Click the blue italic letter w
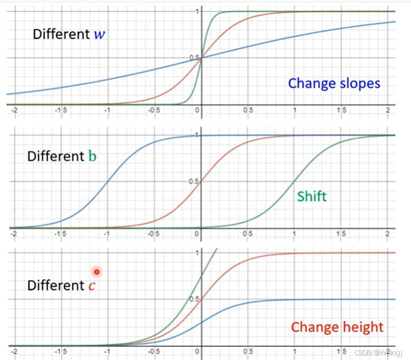[x=99, y=34]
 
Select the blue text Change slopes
[x=334, y=84]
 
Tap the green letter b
[x=92, y=156]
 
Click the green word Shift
[x=312, y=196]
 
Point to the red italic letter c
[x=92, y=285]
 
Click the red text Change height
[x=338, y=327]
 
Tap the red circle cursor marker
[x=97, y=272]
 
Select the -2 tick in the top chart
[x=14, y=110]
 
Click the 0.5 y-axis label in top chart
[x=194, y=58]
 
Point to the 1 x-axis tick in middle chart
[x=294, y=234]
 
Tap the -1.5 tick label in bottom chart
[x=60, y=351]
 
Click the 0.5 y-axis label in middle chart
[x=194, y=181]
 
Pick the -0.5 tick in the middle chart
[x=154, y=234]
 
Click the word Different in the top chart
[x=61, y=34]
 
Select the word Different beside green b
[x=56, y=156]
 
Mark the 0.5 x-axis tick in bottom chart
[x=248, y=351]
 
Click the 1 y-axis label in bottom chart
[x=197, y=252]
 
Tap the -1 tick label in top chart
[x=107, y=110]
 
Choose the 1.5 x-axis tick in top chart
[x=341, y=110]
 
